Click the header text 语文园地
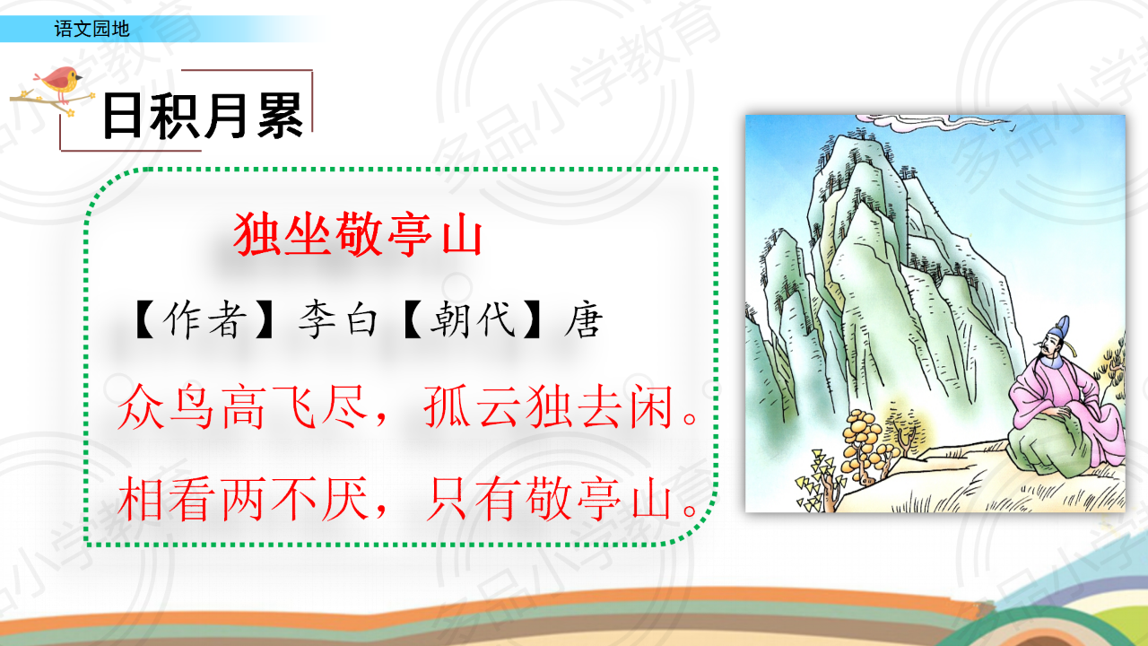[x=91, y=29]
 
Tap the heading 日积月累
[x=203, y=117]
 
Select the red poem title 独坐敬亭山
[x=358, y=234]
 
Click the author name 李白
[x=338, y=319]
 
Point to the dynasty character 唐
[x=583, y=319]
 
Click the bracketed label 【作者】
[x=204, y=319]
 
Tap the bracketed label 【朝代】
[x=472, y=319]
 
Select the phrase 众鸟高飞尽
[x=242, y=406]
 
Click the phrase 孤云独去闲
[x=548, y=406]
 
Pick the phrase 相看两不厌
[x=242, y=498]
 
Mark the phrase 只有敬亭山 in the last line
[x=548, y=498]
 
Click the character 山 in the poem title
[x=462, y=236]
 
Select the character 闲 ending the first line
[x=651, y=406]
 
